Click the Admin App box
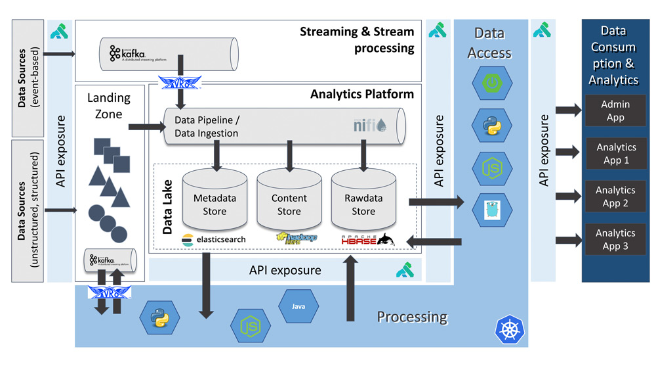point(615,110)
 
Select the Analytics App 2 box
point(615,197)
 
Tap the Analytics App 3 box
point(615,239)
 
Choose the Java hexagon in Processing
point(298,306)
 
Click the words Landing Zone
point(109,105)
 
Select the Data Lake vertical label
point(168,210)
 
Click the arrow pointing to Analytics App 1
point(567,152)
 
